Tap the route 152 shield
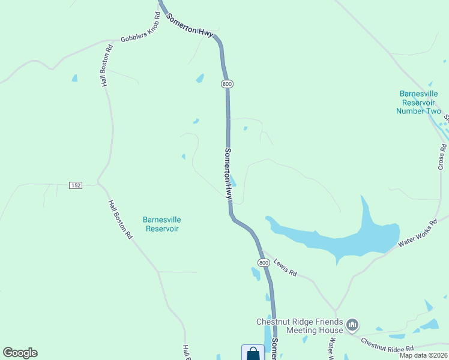point(75,185)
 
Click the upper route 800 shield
point(226,84)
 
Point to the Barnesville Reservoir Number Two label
point(420,102)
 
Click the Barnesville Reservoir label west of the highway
point(162,224)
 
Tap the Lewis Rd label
point(285,267)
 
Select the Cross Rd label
point(442,156)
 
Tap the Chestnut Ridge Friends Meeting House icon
point(352,326)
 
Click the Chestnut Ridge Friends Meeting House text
point(300,326)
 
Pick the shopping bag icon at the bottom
point(253,353)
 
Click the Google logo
point(20,353)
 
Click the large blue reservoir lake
point(336,237)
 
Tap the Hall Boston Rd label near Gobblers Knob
point(107,66)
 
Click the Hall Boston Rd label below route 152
point(120,220)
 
